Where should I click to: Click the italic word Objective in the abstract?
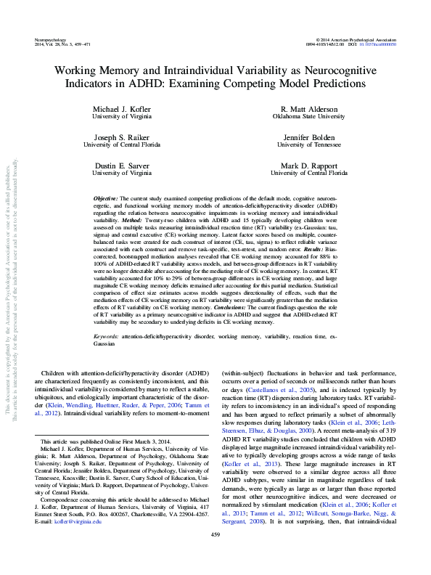click(107, 198)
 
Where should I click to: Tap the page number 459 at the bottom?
click(215, 555)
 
